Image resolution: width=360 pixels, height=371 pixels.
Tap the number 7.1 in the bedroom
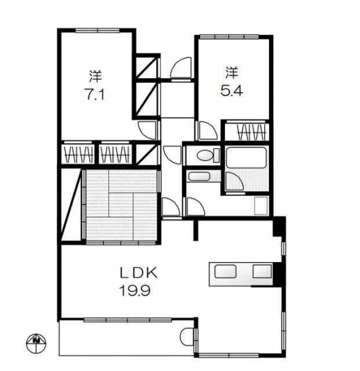click(94, 95)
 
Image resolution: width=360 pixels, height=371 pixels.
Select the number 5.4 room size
click(232, 90)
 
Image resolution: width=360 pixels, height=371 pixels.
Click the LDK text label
click(139, 273)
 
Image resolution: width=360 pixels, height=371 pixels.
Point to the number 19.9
click(135, 290)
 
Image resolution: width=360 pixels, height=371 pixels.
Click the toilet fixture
click(208, 155)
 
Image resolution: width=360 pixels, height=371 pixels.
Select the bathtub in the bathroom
click(246, 157)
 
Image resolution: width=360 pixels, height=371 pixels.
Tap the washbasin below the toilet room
click(199, 176)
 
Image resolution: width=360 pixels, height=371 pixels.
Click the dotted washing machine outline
click(261, 206)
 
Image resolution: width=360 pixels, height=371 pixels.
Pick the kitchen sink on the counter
click(226, 271)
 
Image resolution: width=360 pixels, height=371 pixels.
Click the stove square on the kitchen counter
click(262, 271)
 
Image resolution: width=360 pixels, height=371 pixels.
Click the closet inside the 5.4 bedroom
click(246, 131)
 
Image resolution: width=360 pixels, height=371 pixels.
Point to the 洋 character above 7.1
click(94, 76)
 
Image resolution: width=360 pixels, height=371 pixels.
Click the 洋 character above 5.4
click(232, 72)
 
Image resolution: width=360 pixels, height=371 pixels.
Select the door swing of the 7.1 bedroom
click(147, 130)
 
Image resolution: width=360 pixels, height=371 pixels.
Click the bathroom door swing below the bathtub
click(234, 181)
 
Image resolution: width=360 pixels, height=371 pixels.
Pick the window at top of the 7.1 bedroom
click(97, 30)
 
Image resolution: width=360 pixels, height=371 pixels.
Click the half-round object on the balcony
click(187, 337)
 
